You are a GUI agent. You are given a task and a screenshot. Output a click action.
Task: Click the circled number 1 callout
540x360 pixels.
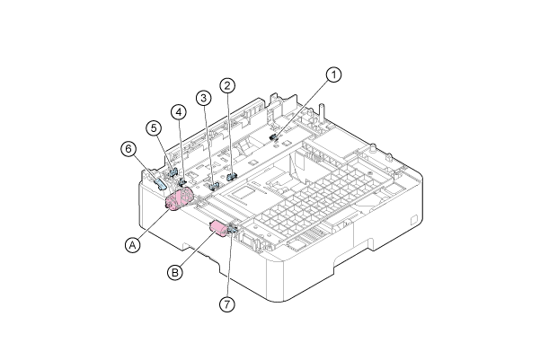333,75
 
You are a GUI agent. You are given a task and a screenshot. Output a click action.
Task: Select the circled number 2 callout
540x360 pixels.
228,86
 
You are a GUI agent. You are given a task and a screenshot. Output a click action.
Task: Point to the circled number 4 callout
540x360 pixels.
180,112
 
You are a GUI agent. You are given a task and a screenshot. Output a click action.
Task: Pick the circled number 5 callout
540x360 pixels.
154,127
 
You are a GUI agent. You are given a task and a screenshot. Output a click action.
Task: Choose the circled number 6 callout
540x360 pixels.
128,147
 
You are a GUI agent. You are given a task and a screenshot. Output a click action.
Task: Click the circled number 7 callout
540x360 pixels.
227,303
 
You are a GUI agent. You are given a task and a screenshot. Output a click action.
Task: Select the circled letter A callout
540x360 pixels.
133,243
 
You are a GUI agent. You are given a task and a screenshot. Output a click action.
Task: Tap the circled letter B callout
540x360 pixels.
177,268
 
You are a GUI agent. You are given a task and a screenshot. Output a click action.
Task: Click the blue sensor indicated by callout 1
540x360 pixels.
275,137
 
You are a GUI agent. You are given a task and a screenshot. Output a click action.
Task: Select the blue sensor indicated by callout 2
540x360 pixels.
231,174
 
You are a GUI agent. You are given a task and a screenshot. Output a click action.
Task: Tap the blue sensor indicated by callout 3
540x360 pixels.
213,186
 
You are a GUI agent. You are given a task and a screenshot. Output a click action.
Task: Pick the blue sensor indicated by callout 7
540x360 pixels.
232,233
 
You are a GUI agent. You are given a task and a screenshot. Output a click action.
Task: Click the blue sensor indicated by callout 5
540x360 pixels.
172,170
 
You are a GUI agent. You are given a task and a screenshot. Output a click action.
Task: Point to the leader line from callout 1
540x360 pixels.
305,105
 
